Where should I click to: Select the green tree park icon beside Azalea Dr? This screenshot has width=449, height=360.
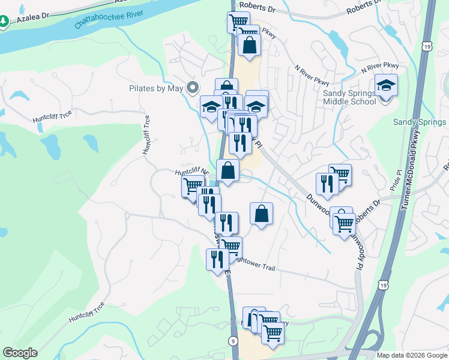point(4,21)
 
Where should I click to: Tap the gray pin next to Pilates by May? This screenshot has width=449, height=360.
point(193,88)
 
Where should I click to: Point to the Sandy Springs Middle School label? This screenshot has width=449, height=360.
point(350,97)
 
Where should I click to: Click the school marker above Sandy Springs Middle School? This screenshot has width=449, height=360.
point(386,86)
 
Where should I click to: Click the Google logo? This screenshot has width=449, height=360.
point(20,353)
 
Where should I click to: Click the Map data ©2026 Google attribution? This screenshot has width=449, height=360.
point(412,355)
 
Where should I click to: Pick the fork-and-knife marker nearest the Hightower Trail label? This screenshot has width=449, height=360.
point(217,259)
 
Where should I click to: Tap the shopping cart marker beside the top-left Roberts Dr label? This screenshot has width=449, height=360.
point(238,22)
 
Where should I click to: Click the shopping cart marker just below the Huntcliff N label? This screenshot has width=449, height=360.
point(193,185)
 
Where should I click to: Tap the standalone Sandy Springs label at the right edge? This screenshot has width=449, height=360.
point(420,122)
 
